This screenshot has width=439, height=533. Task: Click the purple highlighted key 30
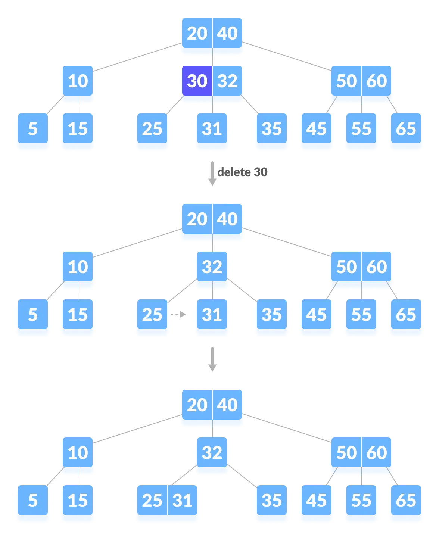click(197, 81)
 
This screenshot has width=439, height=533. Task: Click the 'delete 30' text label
click(242, 172)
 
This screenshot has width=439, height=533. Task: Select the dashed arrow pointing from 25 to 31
click(178, 314)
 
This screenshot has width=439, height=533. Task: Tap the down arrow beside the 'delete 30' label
click(212, 174)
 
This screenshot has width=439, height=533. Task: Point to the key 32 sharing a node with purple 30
click(227, 81)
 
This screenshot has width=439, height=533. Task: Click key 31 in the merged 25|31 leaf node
click(183, 501)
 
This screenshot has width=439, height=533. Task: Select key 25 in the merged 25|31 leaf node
click(152, 501)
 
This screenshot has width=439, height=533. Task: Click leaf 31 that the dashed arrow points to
click(212, 315)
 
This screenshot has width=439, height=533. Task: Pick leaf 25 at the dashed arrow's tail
click(152, 315)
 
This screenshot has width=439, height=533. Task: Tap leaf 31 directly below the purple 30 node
click(212, 129)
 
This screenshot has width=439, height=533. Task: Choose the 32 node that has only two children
click(212, 453)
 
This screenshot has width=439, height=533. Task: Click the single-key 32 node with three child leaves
click(212, 267)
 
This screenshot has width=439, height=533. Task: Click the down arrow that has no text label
click(212, 359)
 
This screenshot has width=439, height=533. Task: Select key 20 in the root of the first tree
click(197, 33)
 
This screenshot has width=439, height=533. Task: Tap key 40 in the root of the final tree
click(227, 405)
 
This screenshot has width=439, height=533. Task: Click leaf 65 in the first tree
click(406, 129)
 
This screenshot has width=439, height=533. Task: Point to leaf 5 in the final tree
click(33, 501)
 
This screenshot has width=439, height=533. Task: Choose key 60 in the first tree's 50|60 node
click(377, 81)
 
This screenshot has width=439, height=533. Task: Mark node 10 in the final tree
click(78, 453)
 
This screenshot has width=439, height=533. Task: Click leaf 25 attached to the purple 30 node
click(152, 129)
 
